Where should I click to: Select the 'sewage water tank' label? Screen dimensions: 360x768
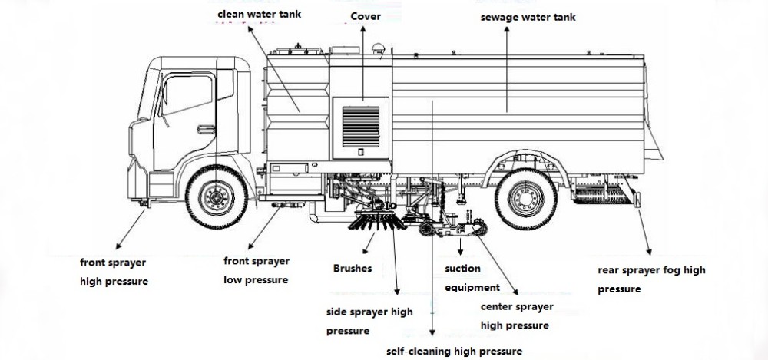528,17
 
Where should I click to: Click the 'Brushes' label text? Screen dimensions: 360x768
353,269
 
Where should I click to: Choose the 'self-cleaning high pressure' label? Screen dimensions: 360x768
454,351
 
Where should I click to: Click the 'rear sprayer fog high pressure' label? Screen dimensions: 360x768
651,279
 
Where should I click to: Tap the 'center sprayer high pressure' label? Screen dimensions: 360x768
516,315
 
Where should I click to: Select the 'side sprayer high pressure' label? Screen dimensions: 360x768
369,321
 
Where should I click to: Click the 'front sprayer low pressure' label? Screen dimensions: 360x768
257,269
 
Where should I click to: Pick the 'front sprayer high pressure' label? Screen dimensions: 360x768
114,272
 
